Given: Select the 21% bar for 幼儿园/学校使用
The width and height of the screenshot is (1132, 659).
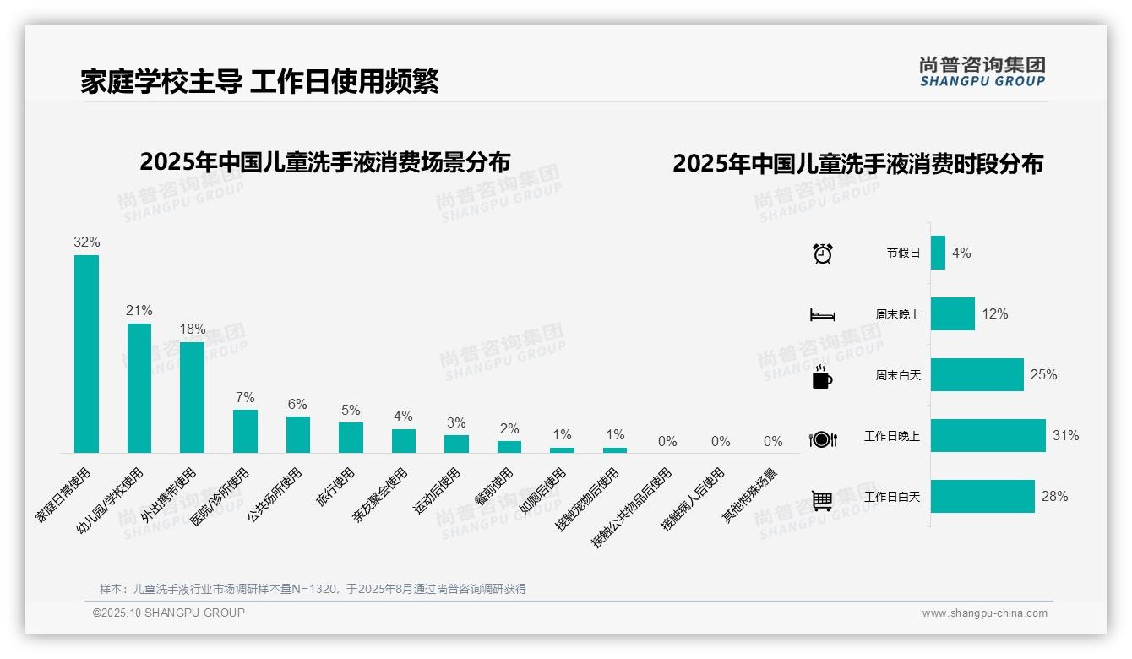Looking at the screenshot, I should tap(139, 388).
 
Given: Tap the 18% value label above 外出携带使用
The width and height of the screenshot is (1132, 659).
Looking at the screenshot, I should tap(193, 329).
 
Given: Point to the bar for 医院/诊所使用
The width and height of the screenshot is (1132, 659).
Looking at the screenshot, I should tap(245, 431).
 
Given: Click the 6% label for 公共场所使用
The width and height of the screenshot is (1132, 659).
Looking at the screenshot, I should tap(297, 405).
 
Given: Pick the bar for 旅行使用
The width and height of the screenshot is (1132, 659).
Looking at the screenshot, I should tap(351, 437).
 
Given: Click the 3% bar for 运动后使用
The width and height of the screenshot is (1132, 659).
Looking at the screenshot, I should tap(456, 444).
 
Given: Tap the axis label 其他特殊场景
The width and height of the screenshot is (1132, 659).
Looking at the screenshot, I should tap(750, 495).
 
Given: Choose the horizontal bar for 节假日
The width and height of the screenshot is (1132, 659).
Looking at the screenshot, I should tap(938, 253).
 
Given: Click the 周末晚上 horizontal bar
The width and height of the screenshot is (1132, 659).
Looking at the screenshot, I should tap(952, 313).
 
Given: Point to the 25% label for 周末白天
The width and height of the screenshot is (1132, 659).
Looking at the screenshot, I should tap(1043, 374).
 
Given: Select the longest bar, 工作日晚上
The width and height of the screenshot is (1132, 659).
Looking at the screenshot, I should tap(988, 436).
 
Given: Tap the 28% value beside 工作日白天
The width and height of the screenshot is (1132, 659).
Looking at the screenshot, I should tap(1054, 497).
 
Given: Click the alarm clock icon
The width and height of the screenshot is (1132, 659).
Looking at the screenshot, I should tap(822, 253).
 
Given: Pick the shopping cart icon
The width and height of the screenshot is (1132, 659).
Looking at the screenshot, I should tap(822, 500).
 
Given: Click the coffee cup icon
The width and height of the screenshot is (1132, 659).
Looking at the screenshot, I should tap(822, 377).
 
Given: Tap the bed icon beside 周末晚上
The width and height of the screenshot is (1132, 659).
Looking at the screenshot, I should tap(822, 315).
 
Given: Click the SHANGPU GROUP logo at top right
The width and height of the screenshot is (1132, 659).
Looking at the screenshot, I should tap(982, 72).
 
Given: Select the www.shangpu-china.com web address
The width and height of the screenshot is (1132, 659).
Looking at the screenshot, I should tap(984, 613).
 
